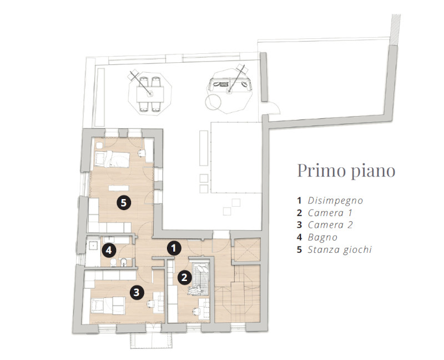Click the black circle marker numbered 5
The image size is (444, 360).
point(123,202)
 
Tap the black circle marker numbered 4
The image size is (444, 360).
point(109,251)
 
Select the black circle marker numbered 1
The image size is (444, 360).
point(174,248)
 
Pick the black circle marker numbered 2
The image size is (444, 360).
point(184,277)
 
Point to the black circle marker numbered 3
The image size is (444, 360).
point(137,292)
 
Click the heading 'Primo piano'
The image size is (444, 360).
point(346,171)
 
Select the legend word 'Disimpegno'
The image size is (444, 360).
point(335,201)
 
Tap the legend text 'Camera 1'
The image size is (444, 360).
point(330,213)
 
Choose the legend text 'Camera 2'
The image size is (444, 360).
point(330,225)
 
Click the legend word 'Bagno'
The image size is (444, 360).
point(322,238)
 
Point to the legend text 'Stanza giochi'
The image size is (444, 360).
point(340,250)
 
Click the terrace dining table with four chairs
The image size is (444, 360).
point(150,94)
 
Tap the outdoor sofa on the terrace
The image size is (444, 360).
point(230,85)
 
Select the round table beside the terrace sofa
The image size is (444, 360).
point(213,102)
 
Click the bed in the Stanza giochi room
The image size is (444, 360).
point(112,159)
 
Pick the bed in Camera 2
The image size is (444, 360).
point(108,306)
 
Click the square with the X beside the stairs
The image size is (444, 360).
point(246,249)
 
